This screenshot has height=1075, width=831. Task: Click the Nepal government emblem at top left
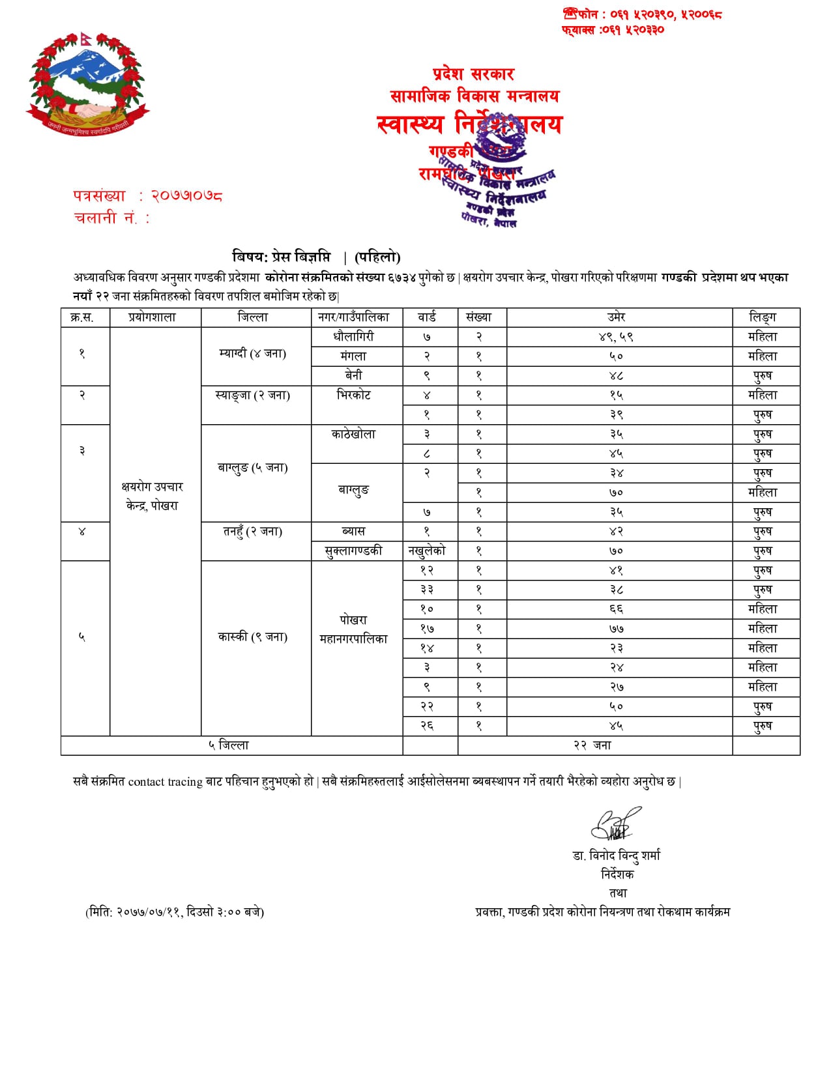pyautogui.click(x=87, y=84)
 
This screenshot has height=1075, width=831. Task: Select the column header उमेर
pyautogui.click(x=616, y=317)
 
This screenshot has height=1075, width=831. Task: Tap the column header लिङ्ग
pyautogui.click(x=763, y=317)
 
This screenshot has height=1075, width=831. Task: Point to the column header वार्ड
pyautogui.click(x=427, y=317)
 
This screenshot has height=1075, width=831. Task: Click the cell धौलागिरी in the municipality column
pyautogui.click(x=353, y=337)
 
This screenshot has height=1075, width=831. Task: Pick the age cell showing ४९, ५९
pyautogui.click(x=616, y=337)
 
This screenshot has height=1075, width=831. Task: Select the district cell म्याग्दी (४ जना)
pyautogui.click(x=253, y=354)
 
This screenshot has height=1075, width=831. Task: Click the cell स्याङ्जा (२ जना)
pyautogui.click(x=253, y=395)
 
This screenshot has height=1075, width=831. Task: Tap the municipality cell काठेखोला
pyautogui.click(x=353, y=435)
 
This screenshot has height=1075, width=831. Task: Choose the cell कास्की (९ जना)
pyautogui.click(x=253, y=637)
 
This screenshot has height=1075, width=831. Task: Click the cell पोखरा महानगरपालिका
pyautogui.click(x=353, y=629)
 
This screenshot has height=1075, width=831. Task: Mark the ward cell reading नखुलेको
pyautogui.click(x=427, y=551)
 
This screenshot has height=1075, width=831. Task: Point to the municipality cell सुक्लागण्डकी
pyautogui.click(x=353, y=551)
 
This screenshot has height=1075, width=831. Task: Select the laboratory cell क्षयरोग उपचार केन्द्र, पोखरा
pyautogui.click(x=153, y=496)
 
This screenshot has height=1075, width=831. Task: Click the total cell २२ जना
pyautogui.click(x=592, y=745)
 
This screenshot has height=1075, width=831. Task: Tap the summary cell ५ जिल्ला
pyautogui.click(x=229, y=745)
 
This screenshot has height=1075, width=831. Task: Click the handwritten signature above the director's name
pyautogui.click(x=615, y=825)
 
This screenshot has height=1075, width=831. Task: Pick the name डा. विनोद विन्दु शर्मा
pyautogui.click(x=617, y=855)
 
